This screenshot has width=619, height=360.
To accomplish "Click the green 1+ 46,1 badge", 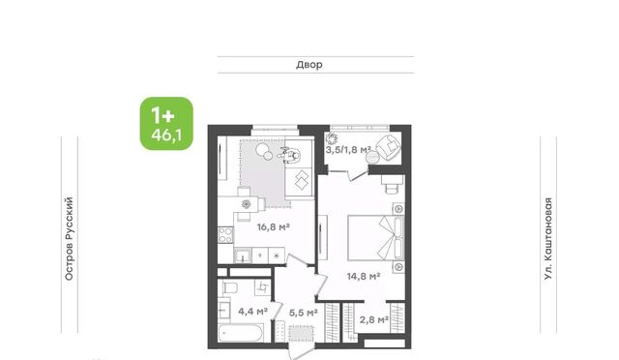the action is coord(166,124).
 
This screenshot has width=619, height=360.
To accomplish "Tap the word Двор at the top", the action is coord(309,65).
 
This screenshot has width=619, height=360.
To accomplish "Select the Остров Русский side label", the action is coord(69,239).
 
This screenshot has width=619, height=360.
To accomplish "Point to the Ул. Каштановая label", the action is coord(548,239).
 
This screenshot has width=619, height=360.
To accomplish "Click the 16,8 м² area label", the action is coord(274,227).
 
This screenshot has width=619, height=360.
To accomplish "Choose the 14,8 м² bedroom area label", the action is coord(364,276).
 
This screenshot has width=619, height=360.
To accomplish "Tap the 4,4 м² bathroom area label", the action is coord(253,312).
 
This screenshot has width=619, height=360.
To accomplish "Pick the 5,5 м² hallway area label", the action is coord(304,313).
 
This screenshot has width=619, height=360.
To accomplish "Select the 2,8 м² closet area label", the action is coord(374,319).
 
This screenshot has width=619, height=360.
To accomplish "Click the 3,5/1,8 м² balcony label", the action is coord(348,150).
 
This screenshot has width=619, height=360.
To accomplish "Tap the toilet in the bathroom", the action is coord(230,287).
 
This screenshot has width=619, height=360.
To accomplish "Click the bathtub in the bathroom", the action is coord(241,333).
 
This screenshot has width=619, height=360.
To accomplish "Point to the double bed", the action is coord(375,237).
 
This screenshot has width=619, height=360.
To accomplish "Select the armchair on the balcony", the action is coord(389,147).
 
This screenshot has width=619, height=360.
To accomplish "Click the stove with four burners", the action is coord(225,235).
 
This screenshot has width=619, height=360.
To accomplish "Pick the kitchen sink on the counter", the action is coord(243,255).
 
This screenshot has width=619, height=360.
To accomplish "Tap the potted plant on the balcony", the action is coord(332,138).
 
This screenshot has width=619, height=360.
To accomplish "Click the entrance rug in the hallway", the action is coord(301,334).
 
